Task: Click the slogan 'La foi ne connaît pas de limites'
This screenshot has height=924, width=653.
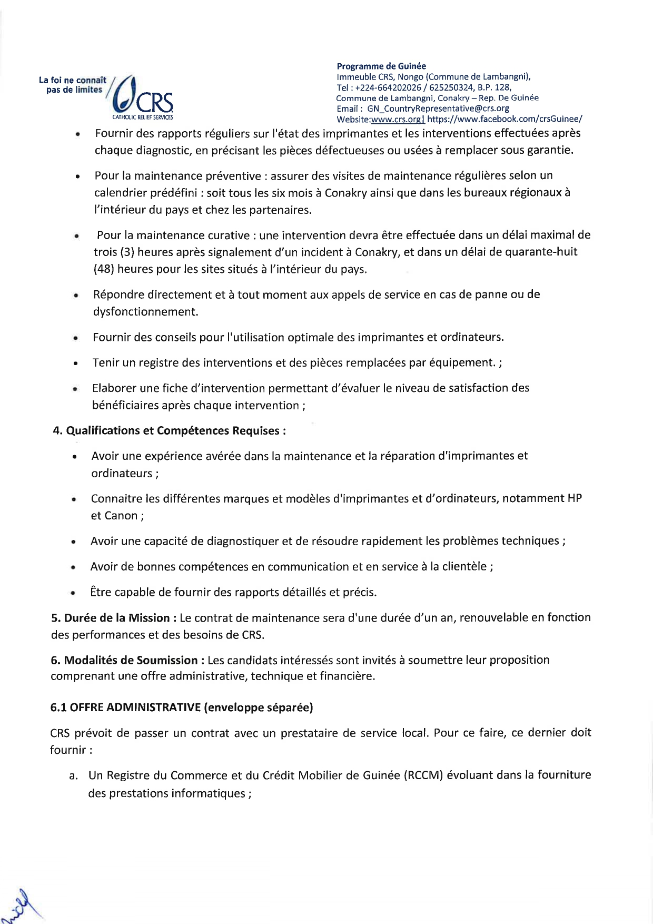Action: [73, 85]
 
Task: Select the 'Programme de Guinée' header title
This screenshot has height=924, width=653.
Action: [381, 66]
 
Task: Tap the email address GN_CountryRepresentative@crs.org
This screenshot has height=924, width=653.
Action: [438, 109]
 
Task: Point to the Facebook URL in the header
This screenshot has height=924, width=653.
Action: [504, 119]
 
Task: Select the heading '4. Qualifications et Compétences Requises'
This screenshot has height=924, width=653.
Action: [170, 430]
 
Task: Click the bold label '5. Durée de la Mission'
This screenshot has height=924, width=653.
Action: [110, 617]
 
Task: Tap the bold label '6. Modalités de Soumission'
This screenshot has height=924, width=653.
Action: [124, 660]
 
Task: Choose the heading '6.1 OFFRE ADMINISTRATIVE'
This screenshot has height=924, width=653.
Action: [125, 707]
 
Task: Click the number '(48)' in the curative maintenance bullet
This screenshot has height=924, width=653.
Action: [103, 269]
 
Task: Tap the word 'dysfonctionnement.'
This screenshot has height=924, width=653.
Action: [146, 311]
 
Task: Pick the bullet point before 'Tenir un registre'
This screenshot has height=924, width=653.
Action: [76, 363]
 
